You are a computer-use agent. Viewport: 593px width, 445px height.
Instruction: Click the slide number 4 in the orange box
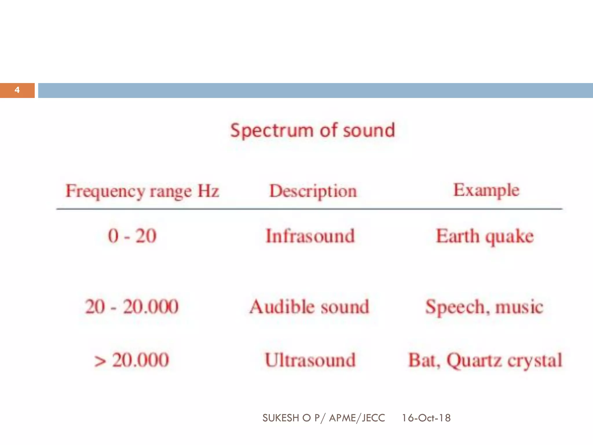coord(17,90)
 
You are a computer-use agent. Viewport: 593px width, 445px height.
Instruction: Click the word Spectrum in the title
coord(272,130)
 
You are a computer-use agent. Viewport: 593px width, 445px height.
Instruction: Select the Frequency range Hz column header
coord(142,191)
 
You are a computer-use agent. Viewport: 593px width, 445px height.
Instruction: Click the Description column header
coord(313,191)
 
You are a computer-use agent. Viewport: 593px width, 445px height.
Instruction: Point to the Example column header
coord(486,190)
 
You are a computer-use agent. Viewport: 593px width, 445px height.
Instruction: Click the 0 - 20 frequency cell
coord(132,236)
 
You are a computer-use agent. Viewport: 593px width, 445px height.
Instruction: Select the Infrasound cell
coord(310,236)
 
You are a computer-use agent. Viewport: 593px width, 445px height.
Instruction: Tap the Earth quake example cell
coord(485,236)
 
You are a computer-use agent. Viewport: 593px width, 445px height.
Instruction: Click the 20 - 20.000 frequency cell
coord(132,307)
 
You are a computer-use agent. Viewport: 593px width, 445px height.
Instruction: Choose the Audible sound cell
coord(309,307)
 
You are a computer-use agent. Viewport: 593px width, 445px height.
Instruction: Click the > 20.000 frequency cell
coord(132,360)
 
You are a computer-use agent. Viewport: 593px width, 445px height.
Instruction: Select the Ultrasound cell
coord(310,360)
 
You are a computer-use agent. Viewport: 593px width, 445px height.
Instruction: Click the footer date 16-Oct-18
coord(426,418)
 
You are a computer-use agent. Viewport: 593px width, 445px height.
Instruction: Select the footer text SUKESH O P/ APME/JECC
coord(323,418)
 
